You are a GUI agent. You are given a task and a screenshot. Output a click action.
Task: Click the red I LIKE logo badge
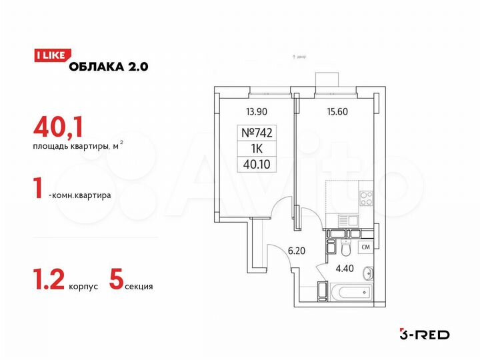pyautogui.click(x=49, y=56)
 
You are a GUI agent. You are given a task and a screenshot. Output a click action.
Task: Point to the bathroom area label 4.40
pyautogui.click(x=345, y=270)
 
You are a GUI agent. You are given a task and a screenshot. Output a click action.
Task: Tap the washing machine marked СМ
pyautogui.click(x=365, y=248)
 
